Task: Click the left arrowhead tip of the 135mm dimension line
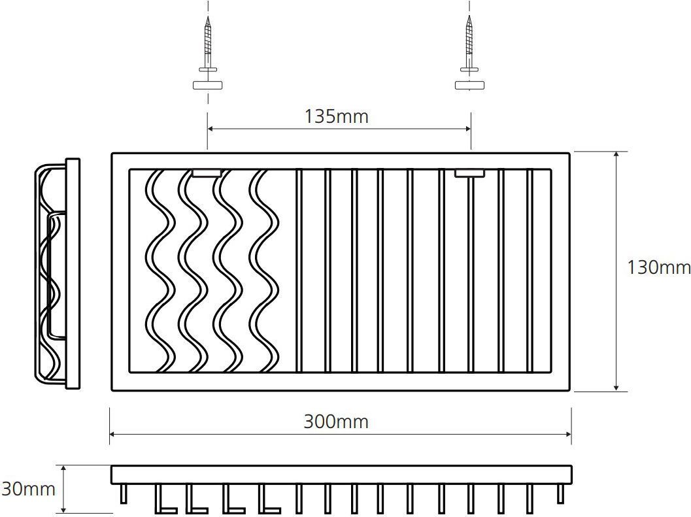click(208, 129)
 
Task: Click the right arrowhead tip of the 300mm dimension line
click(571, 435)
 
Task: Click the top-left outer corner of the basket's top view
click(112, 154)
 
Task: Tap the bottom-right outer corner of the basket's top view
click(570, 390)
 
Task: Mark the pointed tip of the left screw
click(207, 17)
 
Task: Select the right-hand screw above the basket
click(469, 44)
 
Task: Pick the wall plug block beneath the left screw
click(207, 86)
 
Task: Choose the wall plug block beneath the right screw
click(469, 85)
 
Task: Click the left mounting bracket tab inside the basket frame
click(207, 173)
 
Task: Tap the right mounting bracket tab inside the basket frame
click(469, 173)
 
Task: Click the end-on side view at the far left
click(58, 274)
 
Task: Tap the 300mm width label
click(336, 422)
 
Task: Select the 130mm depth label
click(658, 267)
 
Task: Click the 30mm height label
click(28, 490)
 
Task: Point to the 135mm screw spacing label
click(336, 117)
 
